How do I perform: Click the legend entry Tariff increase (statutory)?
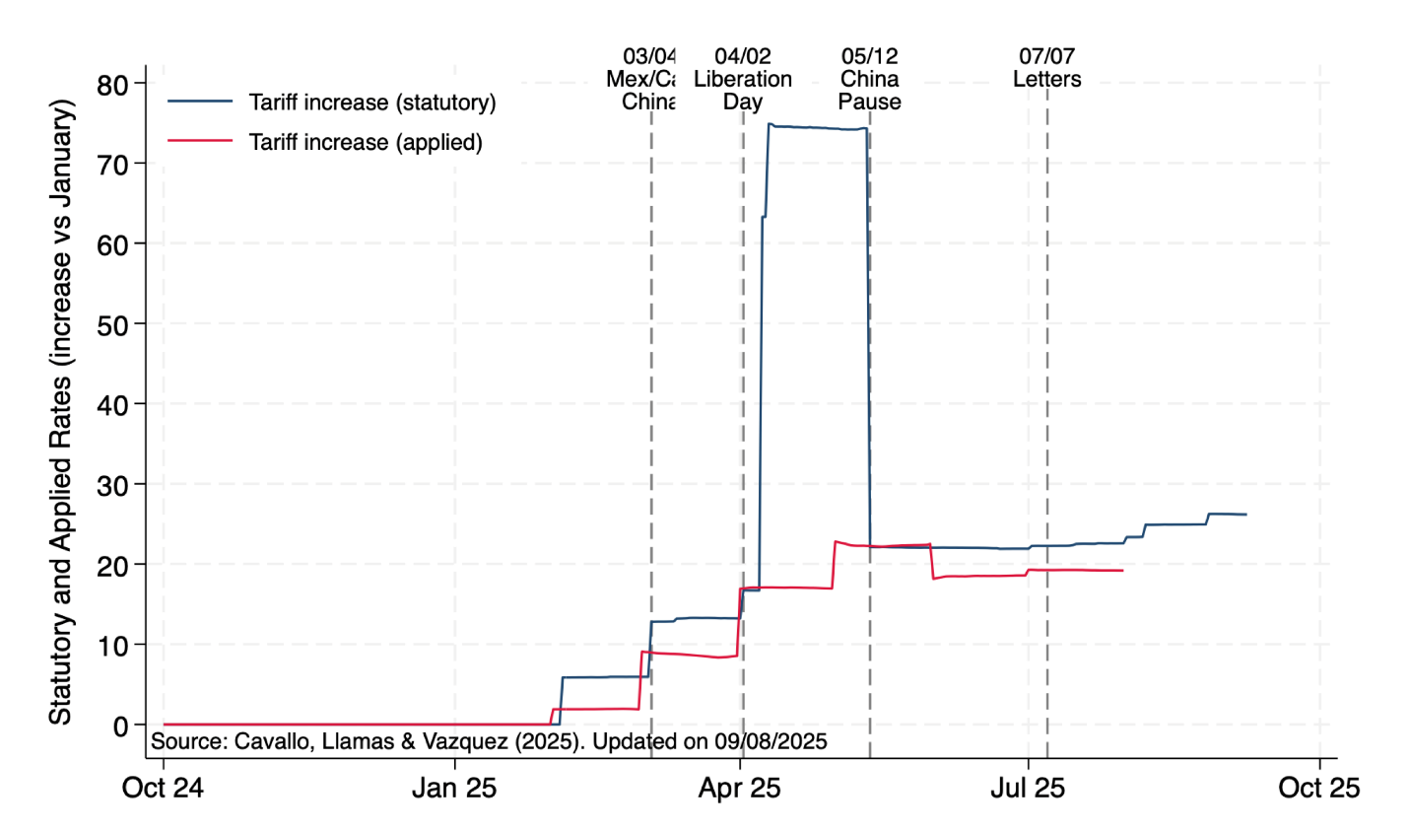pyautogui.click(x=371, y=103)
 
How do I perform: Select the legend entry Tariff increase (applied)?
pyautogui.click(x=366, y=142)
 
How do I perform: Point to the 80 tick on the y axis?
pyautogui.click(x=113, y=85)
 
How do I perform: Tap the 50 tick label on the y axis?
pyautogui.click(x=113, y=325)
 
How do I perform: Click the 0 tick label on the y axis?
pyautogui.click(x=121, y=726)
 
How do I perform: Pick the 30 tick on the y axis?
pyautogui.click(x=113, y=485)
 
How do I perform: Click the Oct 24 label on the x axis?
pyautogui.click(x=163, y=788)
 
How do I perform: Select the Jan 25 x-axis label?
pyautogui.click(x=454, y=788)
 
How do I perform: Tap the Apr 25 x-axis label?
pyautogui.click(x=740, y=788)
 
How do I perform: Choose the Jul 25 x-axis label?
pyautogui.click(x=1028, y=788)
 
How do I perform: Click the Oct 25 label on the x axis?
pyautogui.click(x=1318, y=788)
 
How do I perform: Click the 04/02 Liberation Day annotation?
pyautogui.click(x=743, y=79)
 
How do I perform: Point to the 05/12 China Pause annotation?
pyautogui.click(x=869, y=79)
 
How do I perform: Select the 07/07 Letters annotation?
pyautogui.click(x=1046, y=68)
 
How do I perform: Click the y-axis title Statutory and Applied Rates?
pyautogui.click(x=61, y=412)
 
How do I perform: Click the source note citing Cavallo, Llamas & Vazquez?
pyautogui.click(x=489, y=741)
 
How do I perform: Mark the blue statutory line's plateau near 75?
pyautogui.click(x=818, y=127)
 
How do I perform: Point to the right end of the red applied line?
pyautogui.click(x=1122, y=571)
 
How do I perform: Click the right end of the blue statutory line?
pyautogui.click(x=1245, y=515)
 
